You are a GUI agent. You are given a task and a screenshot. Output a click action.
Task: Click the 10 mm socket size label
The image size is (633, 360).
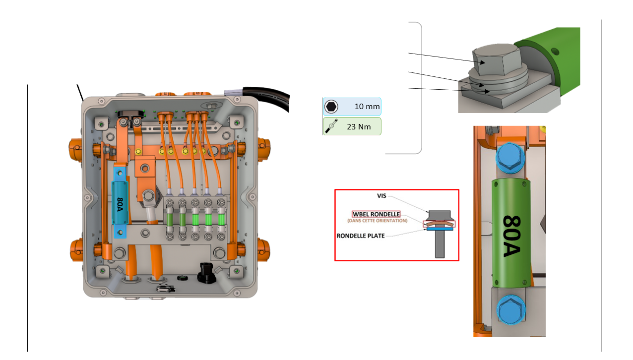click(367, 107)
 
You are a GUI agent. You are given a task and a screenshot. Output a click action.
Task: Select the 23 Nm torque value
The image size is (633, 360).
click(358, 126)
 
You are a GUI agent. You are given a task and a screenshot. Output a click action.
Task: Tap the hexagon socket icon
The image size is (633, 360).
click(331, 107)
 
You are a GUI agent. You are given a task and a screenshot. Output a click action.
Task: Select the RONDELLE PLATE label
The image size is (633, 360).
click(360, 236)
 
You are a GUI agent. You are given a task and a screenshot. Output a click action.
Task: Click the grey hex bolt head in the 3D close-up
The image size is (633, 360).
click(494, 60)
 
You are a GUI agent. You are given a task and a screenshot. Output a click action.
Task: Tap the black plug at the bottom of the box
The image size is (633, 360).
click(206, 271)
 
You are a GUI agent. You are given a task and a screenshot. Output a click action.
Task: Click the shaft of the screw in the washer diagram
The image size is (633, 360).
click(440, 245)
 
